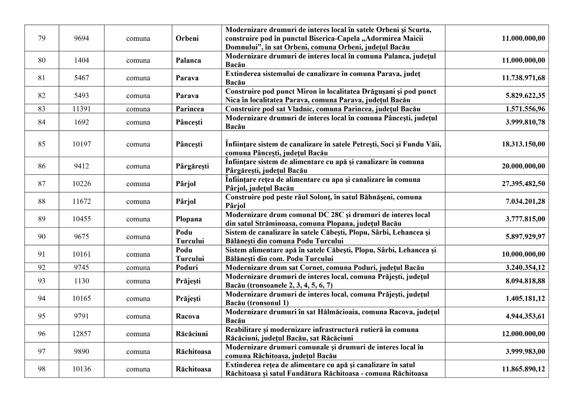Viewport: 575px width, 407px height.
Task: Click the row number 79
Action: (x=42, y=38)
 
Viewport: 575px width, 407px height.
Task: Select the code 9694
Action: (x=81, y=38)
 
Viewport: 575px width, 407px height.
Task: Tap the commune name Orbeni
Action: (x=187, y=38)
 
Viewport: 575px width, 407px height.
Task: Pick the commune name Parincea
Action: (x=190, y=109)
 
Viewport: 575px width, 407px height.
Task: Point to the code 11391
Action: (x=81, y=109)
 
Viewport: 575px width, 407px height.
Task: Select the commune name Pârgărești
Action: (x=192, y=166)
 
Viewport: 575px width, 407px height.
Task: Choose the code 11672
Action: (x=81, y=202)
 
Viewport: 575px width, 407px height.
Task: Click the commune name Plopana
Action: (x=189, y=219)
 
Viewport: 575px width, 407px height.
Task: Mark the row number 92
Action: (x=42, y=267)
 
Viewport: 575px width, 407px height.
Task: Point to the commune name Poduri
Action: (x=187, y=267)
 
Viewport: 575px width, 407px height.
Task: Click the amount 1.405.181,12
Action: (x=525, y=299)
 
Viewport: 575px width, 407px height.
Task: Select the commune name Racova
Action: (x=188, y=316)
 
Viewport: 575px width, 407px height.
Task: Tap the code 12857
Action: (x=81, y=334)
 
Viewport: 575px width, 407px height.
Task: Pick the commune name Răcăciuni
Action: (x=192, y=334)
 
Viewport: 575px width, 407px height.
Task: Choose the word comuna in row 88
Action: (x=138, y=202)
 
